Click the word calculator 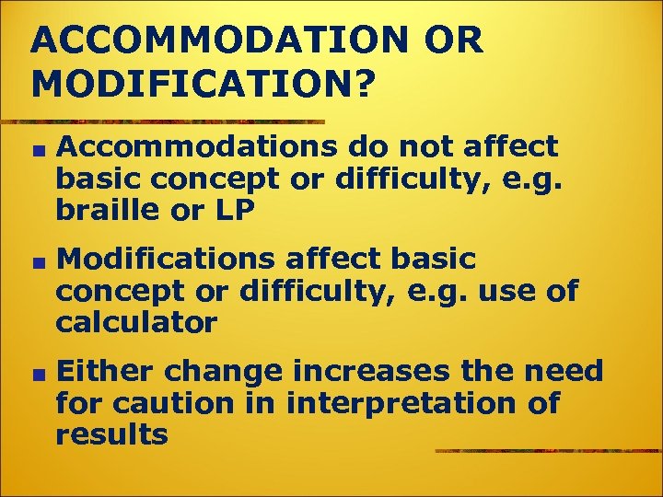136,323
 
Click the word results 111,434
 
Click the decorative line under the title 166,121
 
